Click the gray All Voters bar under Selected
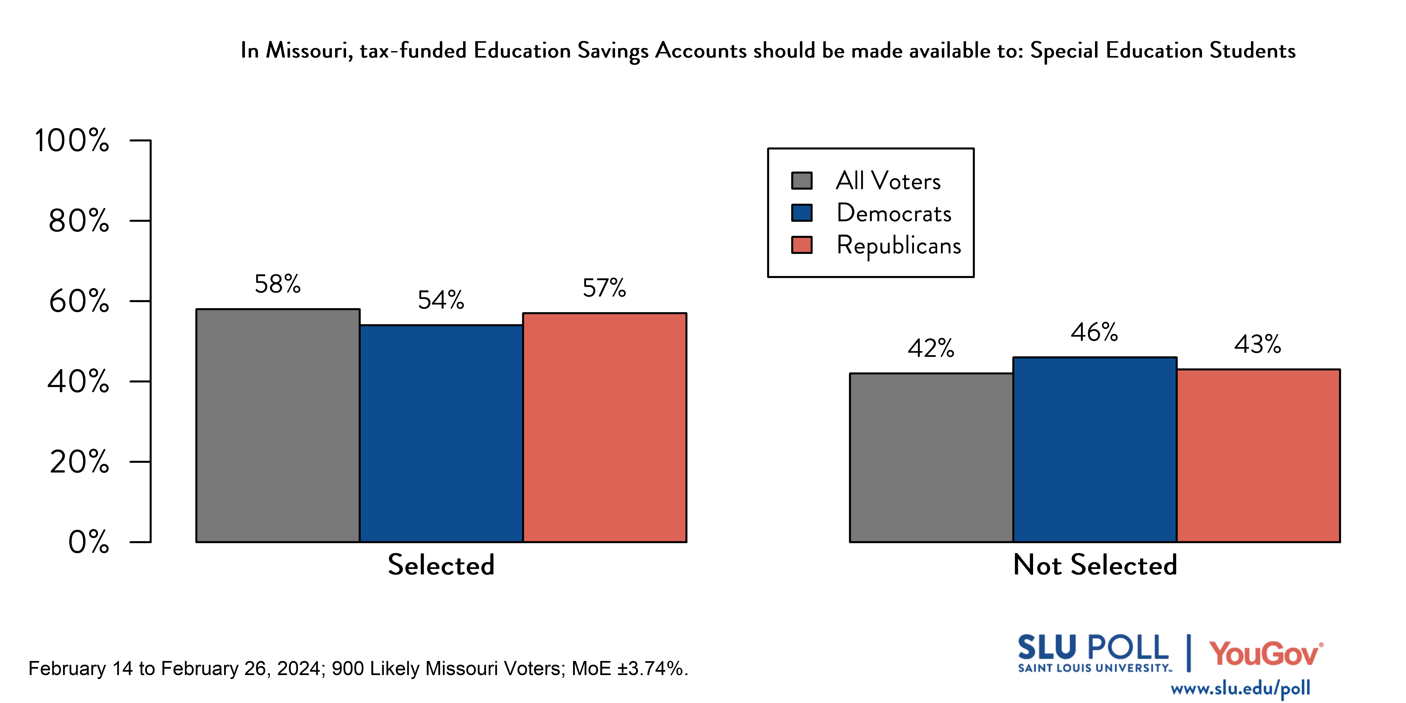click(x=278, y=426)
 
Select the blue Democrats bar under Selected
click(x=441, y=434)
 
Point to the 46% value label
click(x=1094, y=332)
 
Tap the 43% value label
click(x=1258, y=344)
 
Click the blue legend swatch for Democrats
click(x=802, y=213)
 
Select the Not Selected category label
click(x=1095, y=565)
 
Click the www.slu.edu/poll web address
click(x=1240, y=689)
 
